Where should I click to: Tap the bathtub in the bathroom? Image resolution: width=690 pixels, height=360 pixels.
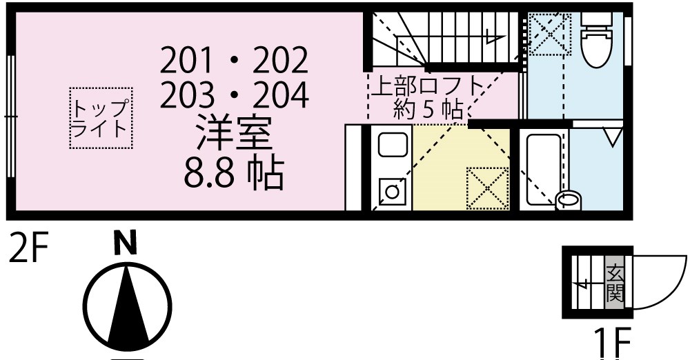[x=544, y=168]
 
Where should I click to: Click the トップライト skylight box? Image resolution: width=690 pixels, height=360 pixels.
[x=101, y=118]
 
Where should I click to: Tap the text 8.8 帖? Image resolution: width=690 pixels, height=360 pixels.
[x=233, y=175]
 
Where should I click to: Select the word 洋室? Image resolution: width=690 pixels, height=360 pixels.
[x=234, y=134]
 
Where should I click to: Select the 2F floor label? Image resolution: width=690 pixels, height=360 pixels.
[x=28, y=248]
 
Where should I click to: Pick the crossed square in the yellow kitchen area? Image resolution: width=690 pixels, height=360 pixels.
[x=486, y=187]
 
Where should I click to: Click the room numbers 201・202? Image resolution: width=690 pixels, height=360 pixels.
[x=233, y=63]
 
